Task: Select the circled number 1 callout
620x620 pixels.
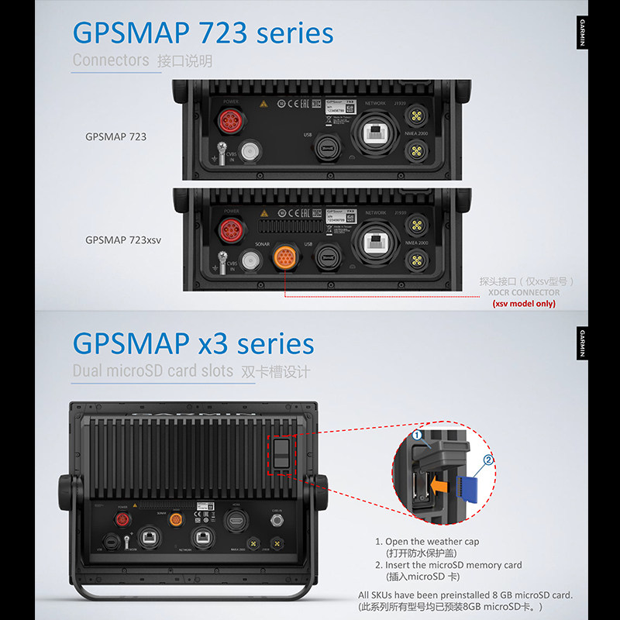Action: [x=416, y=436]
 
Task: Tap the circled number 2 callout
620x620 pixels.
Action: [x=488, y=460]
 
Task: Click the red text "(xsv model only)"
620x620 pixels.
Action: [x=524, y=304]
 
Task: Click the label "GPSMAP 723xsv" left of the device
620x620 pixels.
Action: [x=123, y=240]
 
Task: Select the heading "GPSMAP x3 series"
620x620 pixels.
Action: [x=194, y=343]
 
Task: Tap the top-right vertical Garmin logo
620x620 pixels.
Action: [x=582, y=33]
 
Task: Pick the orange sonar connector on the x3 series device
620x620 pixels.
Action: [x=177, y=518]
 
